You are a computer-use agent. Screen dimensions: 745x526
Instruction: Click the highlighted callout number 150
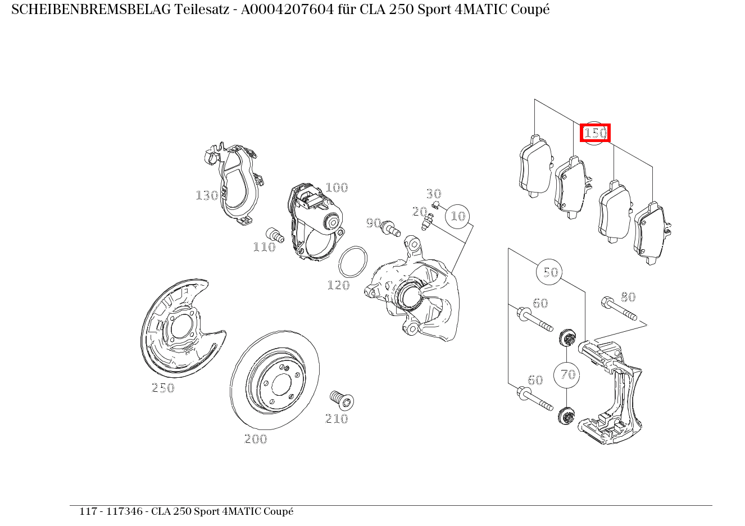click(595, 133)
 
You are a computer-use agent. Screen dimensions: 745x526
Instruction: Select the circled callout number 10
click(458, 216)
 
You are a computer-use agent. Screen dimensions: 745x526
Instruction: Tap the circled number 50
click(549, 272)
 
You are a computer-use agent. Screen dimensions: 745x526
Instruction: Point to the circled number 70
click(566, 375)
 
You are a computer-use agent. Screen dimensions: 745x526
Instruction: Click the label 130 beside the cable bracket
click(207, 195)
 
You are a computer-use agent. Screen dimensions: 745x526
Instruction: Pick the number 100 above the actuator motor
click(337, 187)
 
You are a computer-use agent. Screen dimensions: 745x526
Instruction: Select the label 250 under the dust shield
click(163, 388)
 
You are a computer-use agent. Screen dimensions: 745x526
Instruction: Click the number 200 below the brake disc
click(256, 439)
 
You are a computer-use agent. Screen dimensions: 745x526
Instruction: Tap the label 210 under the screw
click(337, 419)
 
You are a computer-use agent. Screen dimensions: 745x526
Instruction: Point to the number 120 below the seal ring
click(339, 285)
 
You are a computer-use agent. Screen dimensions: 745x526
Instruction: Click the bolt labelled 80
click(619, 309)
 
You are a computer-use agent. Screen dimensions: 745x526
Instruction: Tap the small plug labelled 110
click(275, 235)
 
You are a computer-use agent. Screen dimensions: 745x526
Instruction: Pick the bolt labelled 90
click(391, 228)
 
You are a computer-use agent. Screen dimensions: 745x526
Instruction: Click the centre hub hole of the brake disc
click(281, 385)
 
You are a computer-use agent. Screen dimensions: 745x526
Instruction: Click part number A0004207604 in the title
click(287, 10)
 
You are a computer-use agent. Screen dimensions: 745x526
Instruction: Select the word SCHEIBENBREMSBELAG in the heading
click(91, 10)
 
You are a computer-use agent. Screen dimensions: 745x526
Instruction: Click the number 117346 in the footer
click(124, 511)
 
